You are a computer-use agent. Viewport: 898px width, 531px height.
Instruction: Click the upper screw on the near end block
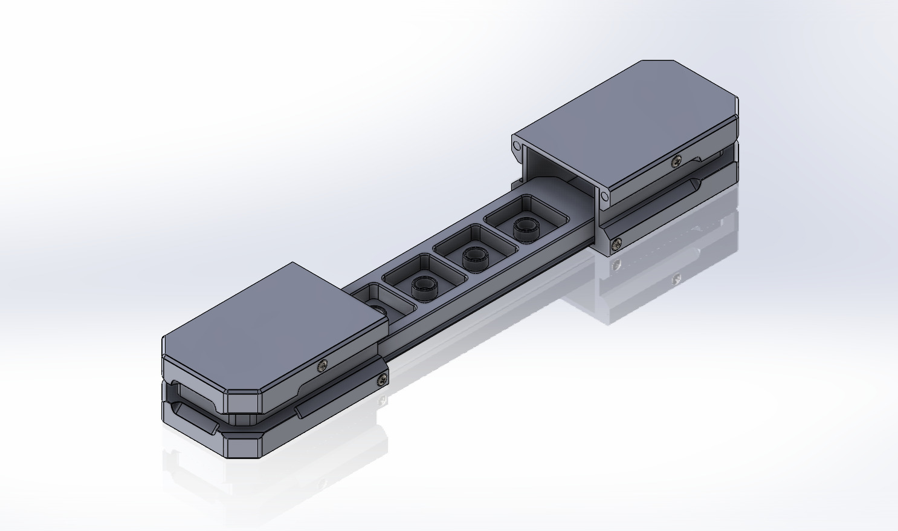point(323,364)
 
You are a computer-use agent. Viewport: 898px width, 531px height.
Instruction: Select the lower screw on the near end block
point(382,379)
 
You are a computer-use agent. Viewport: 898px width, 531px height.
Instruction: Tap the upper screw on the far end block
point(676,161)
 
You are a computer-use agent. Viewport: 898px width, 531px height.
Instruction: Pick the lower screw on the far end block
point(616,244)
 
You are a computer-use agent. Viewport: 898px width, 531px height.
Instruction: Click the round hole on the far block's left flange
point(517,146)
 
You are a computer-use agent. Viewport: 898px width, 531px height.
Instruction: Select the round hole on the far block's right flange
point(604,195)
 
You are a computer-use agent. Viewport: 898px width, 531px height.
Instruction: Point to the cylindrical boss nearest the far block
point(525,229)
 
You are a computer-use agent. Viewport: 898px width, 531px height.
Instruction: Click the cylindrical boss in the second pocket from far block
point(474,259)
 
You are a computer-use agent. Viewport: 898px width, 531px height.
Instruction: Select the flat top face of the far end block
point(622,115)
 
